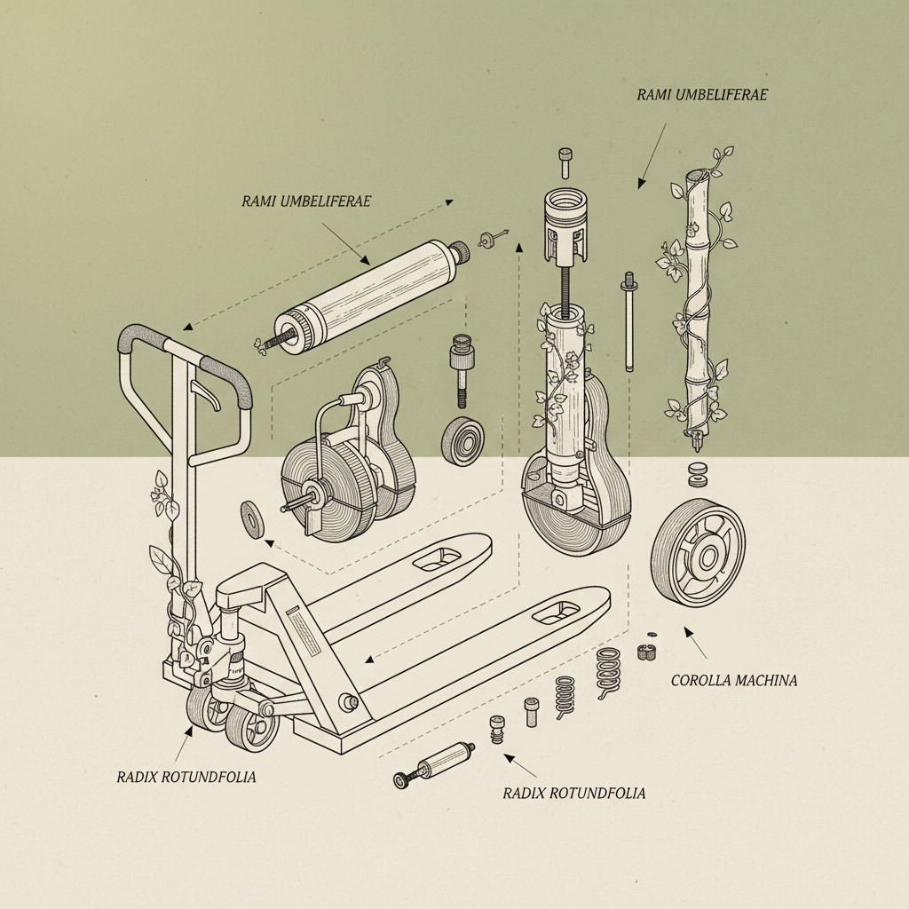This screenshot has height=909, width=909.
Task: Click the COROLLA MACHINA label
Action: coord(733,681)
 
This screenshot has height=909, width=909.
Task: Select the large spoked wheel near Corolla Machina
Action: coord(698,552)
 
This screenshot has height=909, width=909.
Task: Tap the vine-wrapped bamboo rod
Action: coord(698,293)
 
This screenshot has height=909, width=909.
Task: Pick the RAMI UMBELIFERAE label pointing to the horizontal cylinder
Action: coord(305,202)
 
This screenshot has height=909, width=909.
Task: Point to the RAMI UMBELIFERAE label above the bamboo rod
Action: coord(701,95)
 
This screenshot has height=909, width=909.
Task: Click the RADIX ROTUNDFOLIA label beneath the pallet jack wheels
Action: coord(186,777)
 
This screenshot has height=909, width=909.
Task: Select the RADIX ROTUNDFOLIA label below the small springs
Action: coord(573,793)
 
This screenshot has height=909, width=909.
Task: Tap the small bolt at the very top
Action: coord(565,164)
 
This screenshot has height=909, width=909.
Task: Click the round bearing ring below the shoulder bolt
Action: coord(462,441)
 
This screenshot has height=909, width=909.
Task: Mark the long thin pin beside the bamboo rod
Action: coord(628,324)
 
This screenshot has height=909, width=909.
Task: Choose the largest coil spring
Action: coord(608,672)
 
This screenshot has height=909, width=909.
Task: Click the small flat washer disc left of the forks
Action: coord(252,519)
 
